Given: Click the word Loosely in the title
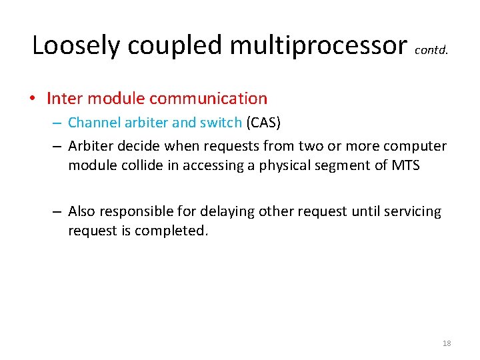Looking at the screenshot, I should [77, 45].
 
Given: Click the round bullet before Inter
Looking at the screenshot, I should [33, 99].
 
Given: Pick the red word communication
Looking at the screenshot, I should [208, 99].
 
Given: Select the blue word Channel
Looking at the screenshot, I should [94, 123].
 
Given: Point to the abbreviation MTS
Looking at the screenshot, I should [405, 165].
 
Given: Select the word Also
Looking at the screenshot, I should [81, 211].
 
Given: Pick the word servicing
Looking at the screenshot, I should [414, 211].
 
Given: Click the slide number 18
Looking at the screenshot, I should [447, 343].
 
